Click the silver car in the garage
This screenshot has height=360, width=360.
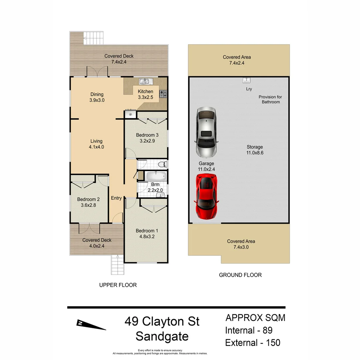(x=207, y=132)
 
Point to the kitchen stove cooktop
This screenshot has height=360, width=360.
(x=163, y=94)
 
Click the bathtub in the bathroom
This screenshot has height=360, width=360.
(x=156, y=176)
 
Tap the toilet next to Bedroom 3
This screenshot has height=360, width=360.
(x=162, y=164)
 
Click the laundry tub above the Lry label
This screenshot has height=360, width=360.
(x=246, y=80)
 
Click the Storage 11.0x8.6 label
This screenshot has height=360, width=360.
(x=255, y=150)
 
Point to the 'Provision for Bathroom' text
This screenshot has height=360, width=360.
(x=270, y=99)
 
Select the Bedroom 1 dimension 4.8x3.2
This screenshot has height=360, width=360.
(x=145, y=237)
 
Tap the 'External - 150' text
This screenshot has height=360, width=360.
(x=253, y=342)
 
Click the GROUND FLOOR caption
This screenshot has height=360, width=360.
(x=240, y=275)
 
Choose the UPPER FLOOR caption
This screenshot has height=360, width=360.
(x=118, y=285)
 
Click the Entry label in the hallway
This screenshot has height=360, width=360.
(x=116, y=198)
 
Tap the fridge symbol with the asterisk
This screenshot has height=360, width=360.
(x=130, y=114)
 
